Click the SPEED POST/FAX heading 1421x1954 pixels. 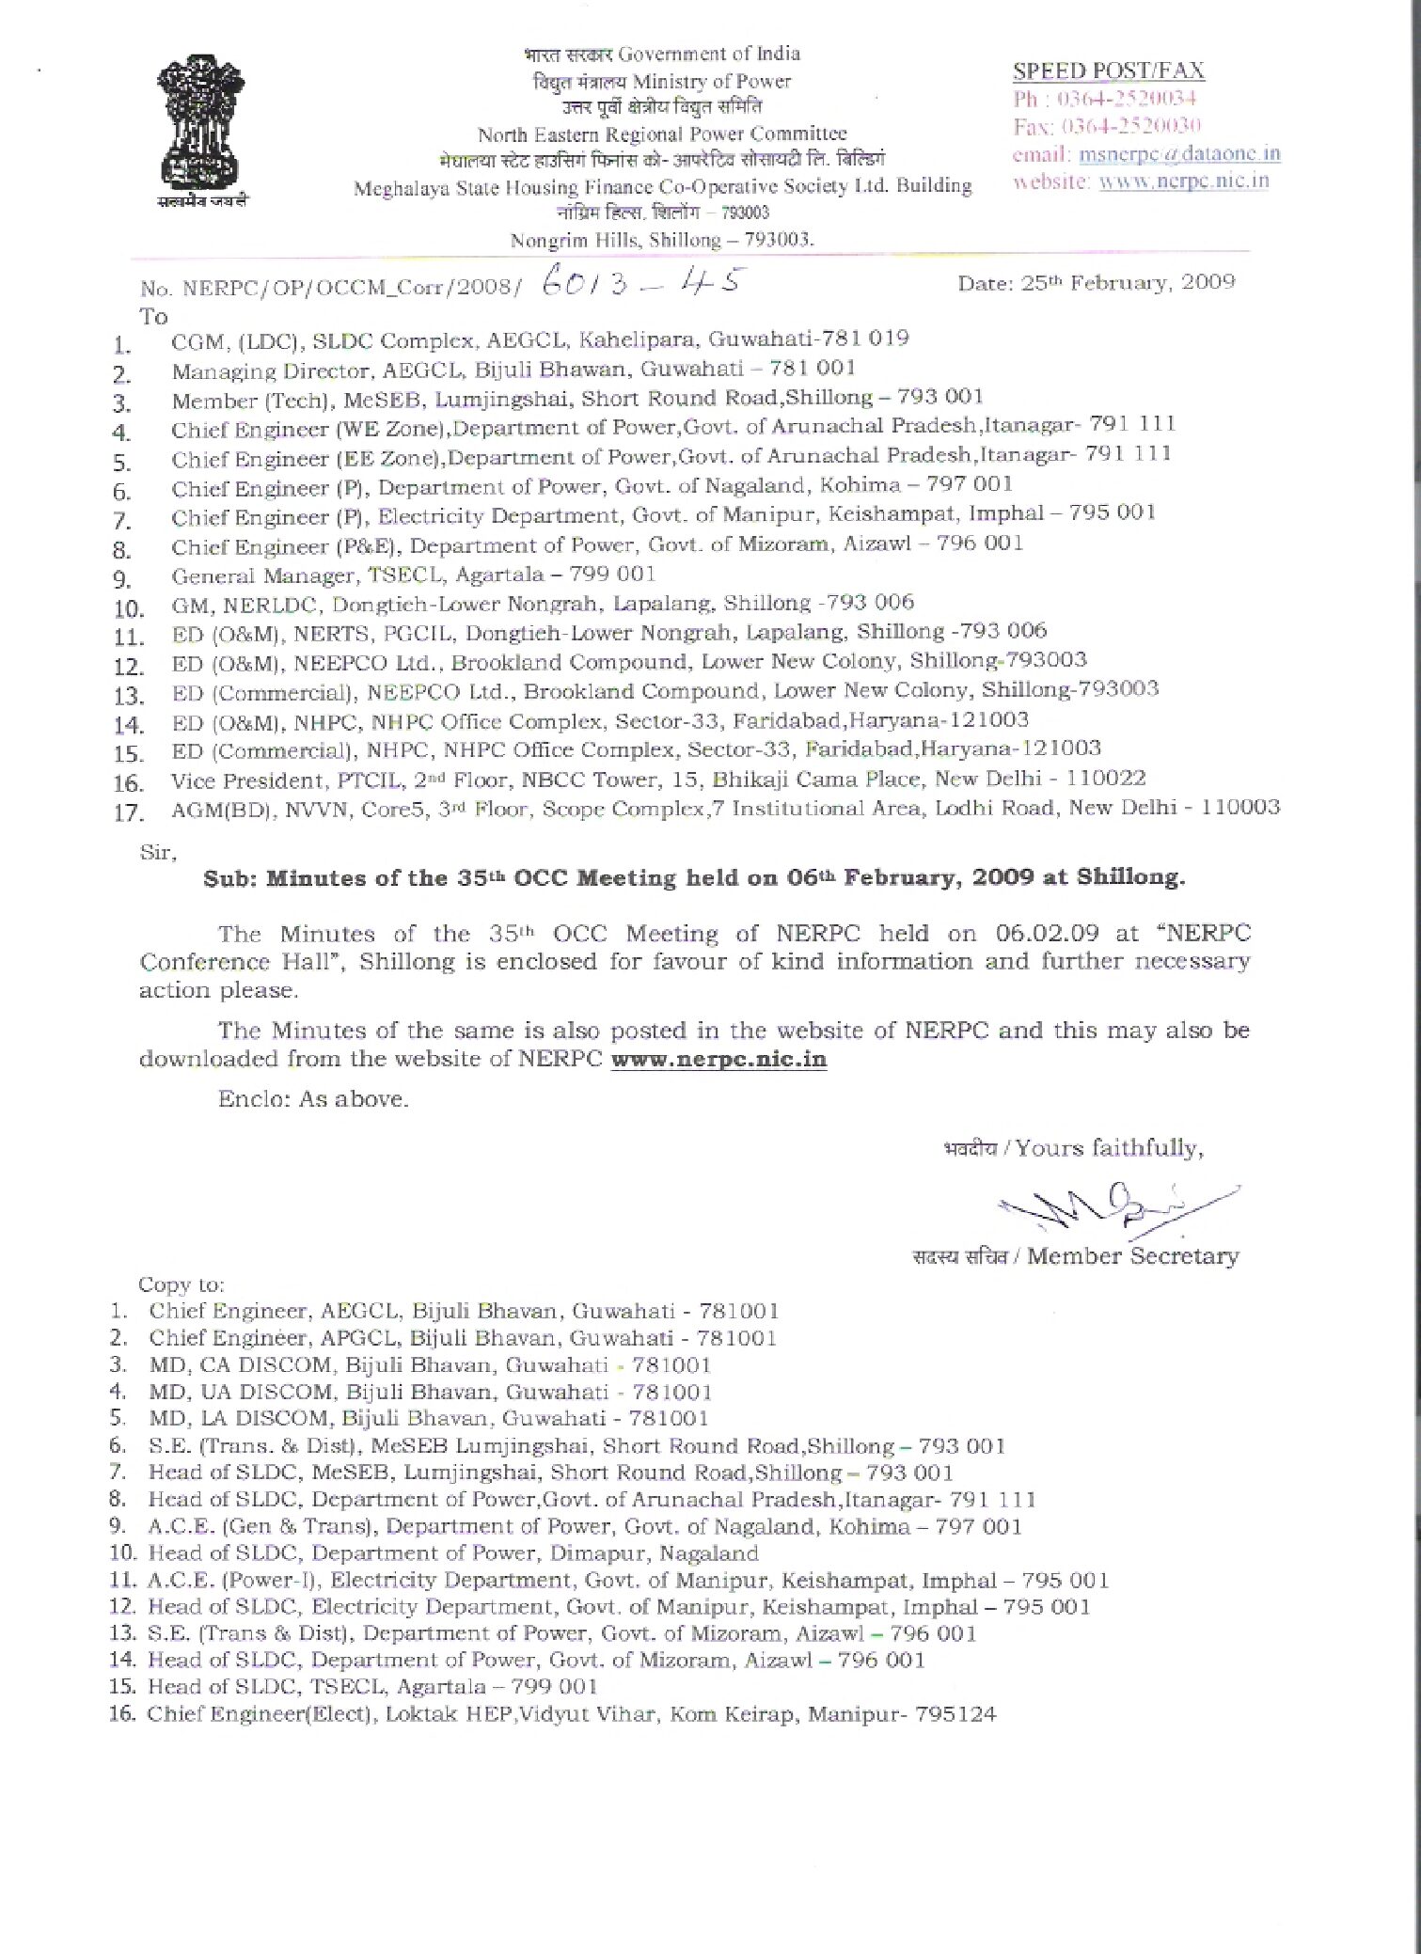(x=1108, y=71)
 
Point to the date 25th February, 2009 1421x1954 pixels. (x=1096, y=283)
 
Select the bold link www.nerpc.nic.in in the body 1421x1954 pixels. (x=718, y=1059)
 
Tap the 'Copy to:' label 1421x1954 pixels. (x=182, y=1284)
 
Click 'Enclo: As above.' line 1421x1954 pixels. (x=313, y=1099)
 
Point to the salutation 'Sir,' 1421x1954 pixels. (x=157, y=852)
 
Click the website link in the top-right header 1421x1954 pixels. (x=1183, y=181)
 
